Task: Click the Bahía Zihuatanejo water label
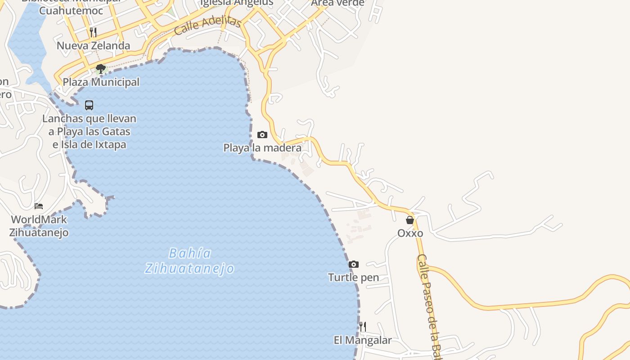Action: pyautogui.click(x=189, y=261)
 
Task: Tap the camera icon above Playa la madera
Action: pyautogui.click(x=262, y=135)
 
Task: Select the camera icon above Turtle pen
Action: pyautogui.click(x=354, y=264)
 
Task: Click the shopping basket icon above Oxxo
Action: pyautogui.click(x=410, y=220)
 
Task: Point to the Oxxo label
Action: pyautogui.click(x=410, y=233)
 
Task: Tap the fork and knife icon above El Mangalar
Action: pyautogui.click(x=363, y=326)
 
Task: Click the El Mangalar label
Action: pyautogui.click(x=363, y=340)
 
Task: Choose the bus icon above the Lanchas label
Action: pyautogui.click(x=89, y=105)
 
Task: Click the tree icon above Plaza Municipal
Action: pyautogui.click(x=101, y=69)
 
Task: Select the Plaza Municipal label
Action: pyautogui.click(x=101, y=82)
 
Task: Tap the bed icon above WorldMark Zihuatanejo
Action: pyautogui.click(x=39, y=206)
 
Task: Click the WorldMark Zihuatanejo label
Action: pyautogui.click(x=40, y=226)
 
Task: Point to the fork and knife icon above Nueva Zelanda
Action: pyautogui.click(x=93, y=32)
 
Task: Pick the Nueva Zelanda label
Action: pyautogui.click(x=93, y=45)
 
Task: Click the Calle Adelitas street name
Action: pyautogui.click(x=207, y=25)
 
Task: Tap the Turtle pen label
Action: pyautogui.click(x=354, y=277)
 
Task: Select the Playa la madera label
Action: pyautogui.click(x=262, y=148)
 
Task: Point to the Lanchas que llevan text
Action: pyautogui.click(x=89, y=119)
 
